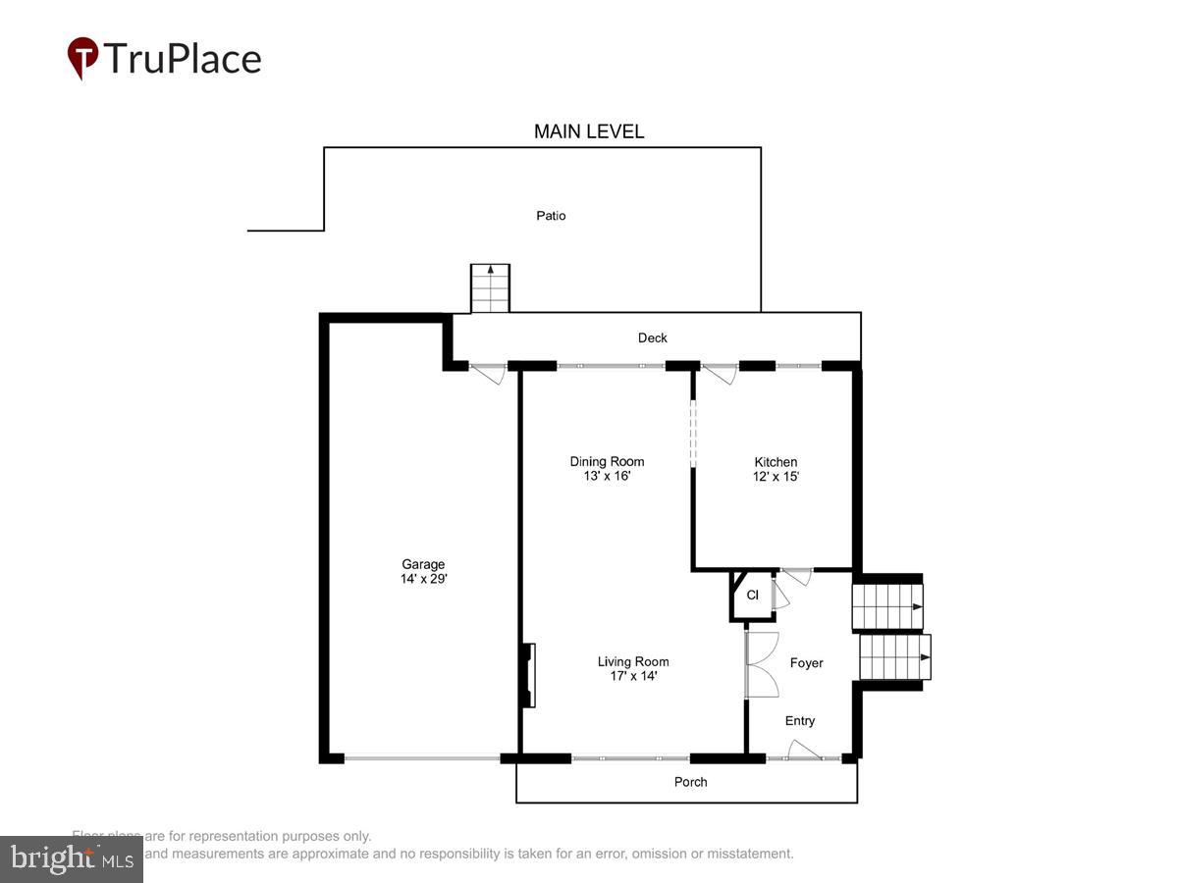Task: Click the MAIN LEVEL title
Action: (589, 131)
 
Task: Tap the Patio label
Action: (551, 216)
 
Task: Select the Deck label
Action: (653, 338)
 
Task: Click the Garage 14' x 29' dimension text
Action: (424, 579)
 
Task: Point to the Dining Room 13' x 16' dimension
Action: (607, 476)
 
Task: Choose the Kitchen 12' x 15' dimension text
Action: (776, 476)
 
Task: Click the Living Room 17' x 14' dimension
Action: (633, 675)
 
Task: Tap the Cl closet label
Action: (753, 596)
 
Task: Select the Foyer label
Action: (807, 663)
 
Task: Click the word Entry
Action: (800, 721)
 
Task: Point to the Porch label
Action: (691, 782)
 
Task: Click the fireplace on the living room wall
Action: (528, 675)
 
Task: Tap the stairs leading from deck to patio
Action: (490, 287)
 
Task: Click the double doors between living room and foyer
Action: (760, 664)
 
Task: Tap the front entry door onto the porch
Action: (804, 753)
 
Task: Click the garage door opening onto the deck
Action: (487, 373)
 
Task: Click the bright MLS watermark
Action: (71, 858)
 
